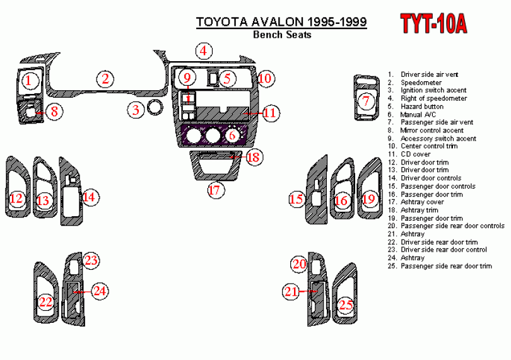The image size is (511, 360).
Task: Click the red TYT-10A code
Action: click(x=434, y=24)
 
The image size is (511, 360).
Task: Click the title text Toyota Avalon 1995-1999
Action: click(x=282, y=22)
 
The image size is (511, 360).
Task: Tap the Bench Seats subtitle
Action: click(x=282, y=35)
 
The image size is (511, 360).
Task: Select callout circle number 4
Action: click(x=203, y=51)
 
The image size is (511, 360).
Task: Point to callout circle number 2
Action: click(x=105, y=79)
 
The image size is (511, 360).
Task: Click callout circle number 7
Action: click(x=365, y=100)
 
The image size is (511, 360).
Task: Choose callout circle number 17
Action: click(x=216, y=189)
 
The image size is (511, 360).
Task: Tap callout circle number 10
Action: click(x=265, y=78)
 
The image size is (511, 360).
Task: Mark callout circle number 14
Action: click(x=90, y=197)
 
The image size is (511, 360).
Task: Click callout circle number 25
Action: click(x=344, y=305)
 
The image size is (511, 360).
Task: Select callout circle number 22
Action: click(x=45, y=302)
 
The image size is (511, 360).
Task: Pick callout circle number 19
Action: click(x=369, y=199)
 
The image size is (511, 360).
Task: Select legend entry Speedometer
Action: click(x=421, y=83)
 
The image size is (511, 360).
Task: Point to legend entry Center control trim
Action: click(x=428, y=146)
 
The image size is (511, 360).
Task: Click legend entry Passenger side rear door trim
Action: click(x=445, y=266)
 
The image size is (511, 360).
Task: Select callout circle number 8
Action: click(x=54, y=112)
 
